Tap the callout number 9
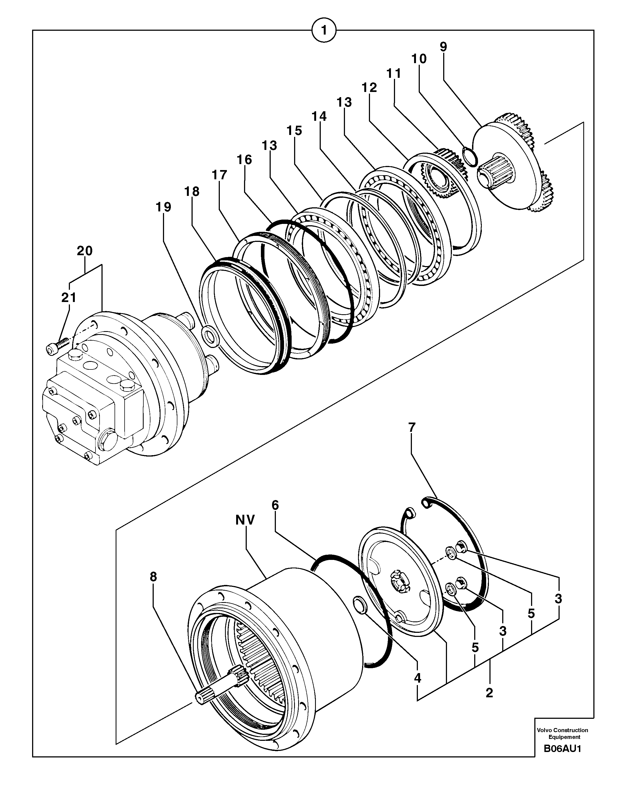[x=443, y=47]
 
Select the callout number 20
[x=85, y=251]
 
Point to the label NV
[x=245, y=520]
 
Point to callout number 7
[x=412, y=427]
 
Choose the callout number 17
[x=219, y=175]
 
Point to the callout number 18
[x=192, y=191]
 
